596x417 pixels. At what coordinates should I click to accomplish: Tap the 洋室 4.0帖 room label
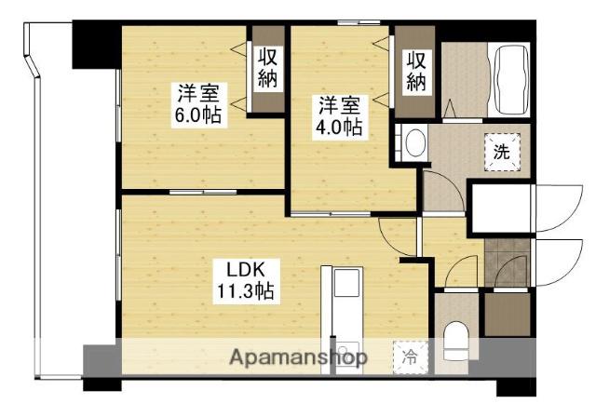[338, 115]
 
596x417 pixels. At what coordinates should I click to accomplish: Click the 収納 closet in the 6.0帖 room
[267, 70]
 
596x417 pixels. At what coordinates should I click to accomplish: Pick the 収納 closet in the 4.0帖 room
[415, 70]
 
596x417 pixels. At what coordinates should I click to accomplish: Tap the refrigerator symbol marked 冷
[410, 356]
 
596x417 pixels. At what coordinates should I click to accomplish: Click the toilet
[454, 340]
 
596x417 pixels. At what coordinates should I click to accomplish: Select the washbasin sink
[413, 143]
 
